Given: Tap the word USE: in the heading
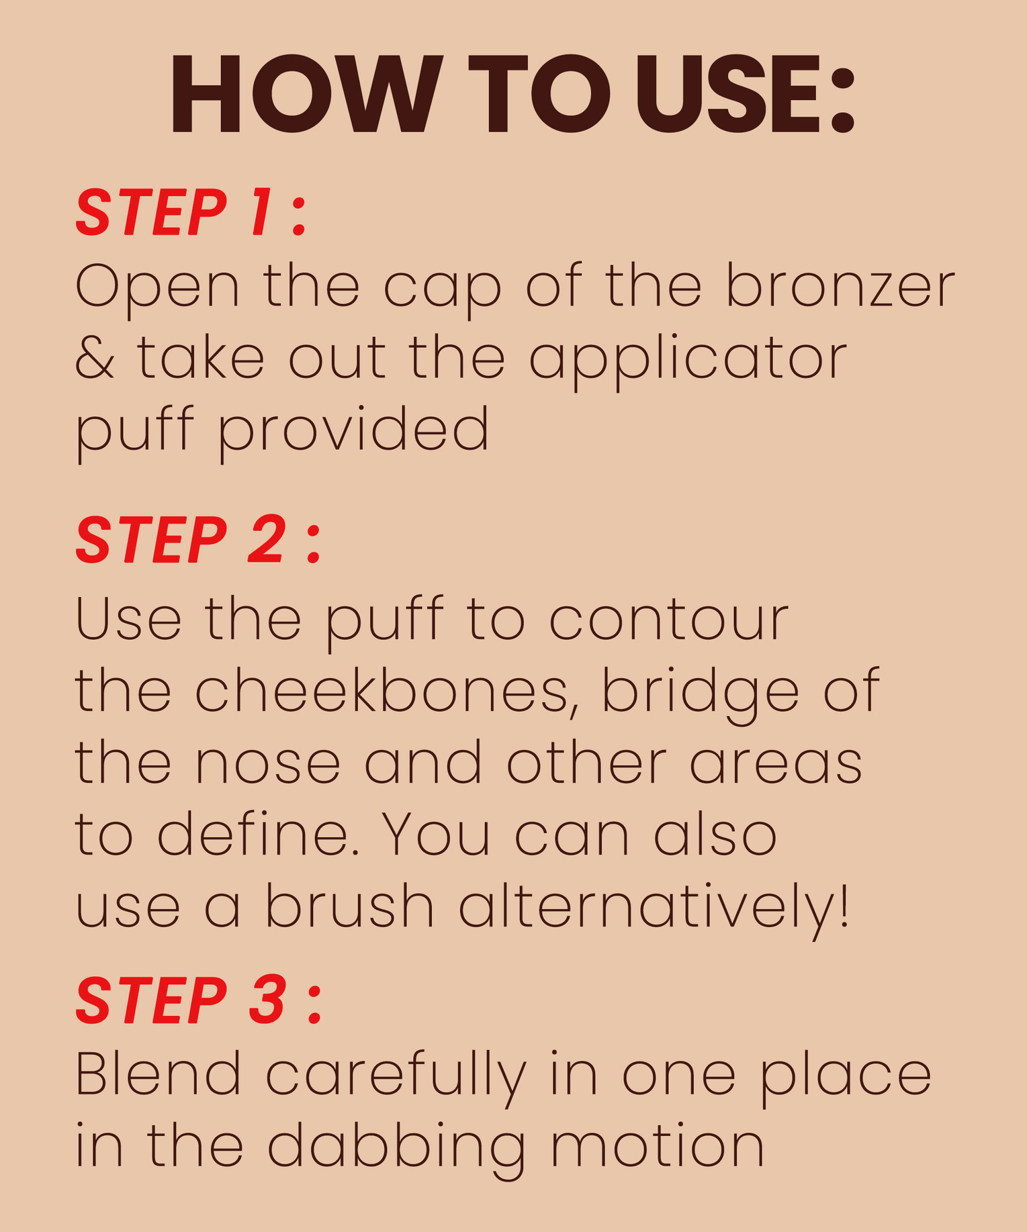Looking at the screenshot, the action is click(x=746, y=93).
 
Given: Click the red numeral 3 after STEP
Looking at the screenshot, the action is click(x=268, y=1000).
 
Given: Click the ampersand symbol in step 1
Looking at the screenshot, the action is click(x=94, y=358).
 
